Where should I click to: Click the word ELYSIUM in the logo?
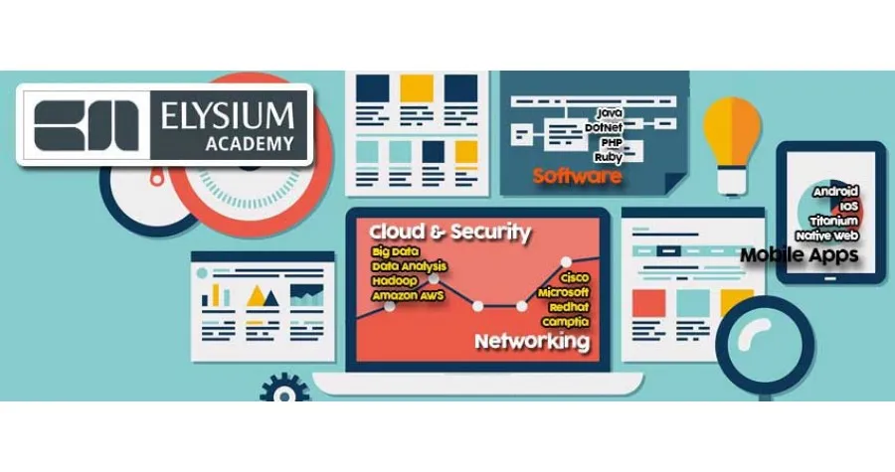tap(227, 115)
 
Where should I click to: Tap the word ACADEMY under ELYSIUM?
tap(250, 144)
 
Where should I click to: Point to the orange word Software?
tap(577, 176)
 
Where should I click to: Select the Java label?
tap(610, 113)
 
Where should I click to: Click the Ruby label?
tap(608, 157)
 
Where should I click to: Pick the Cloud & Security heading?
tap(449, 232)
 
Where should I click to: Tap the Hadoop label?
tap(395, 281)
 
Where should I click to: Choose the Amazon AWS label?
tap(408, 296)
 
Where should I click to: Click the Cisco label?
tap(574, 277)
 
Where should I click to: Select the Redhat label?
tap(569, 307)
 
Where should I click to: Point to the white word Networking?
tap(532, 342)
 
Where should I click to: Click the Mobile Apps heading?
tap(800, 254)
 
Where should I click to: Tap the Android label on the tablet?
tap(836, 191)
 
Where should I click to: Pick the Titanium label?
tap(834, 221)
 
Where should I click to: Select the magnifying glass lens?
tap(766, 345)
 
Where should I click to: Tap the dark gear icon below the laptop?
tap(284, 389)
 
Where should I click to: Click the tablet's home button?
tap(830, 279)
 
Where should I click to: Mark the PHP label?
tap(612, 142)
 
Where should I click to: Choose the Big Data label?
tap(395, 251)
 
